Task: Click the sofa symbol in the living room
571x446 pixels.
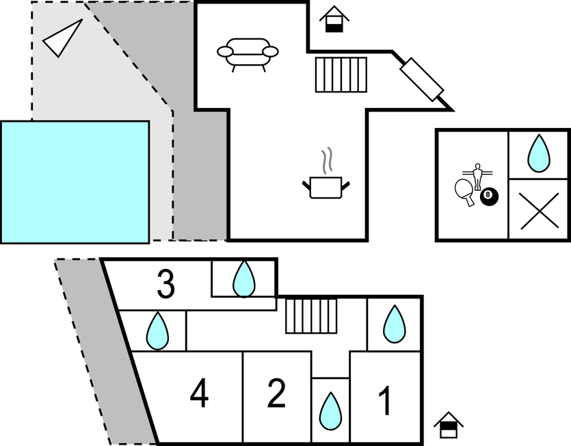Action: pyautogui.click(x=248, y=53)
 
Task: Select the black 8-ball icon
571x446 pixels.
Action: pyautogui.click(x=489, y=197)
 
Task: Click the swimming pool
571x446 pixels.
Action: pyautogui.click(x=75, y=181)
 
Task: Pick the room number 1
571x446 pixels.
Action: pyautogui.click(x=385, y=402)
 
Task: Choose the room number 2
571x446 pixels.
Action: pyautogui.click(x=276, y=393)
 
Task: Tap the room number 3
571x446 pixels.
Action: pyautogui.click(x=165, y=285)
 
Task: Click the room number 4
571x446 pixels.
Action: pyautogui.click(x=199, y=395)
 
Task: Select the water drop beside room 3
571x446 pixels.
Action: pyautogui.click(x=243, y=278)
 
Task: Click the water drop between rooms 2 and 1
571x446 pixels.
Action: pyautogui.click(x=331, y=410)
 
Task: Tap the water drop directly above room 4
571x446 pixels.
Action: pyautogui.click(x=158, y=331)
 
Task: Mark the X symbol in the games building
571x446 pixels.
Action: pyautogui.click(x=539, y=210)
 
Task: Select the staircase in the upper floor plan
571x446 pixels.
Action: pyautogui.click(x=341, y=75)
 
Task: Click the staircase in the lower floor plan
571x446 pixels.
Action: pyautogui.click(x=312, y=315)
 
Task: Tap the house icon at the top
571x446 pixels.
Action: pyautogui.click(x=334, y=18)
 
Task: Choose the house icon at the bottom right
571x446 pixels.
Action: pyautogui.click(x=449, y=424)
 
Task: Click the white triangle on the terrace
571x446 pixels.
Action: pyautogui.click(x=62, y=38)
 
